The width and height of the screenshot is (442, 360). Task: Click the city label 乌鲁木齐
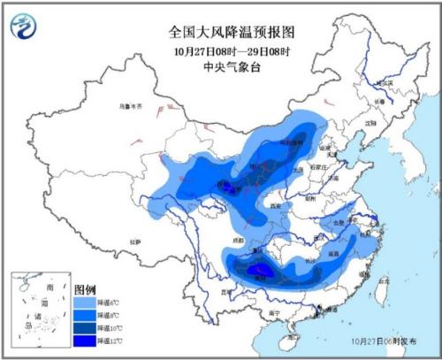(130, 105)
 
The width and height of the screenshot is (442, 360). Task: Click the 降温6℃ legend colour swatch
(84, 302)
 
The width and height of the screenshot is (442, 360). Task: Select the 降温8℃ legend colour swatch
(84, 314)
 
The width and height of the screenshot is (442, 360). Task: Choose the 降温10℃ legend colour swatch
(84, 326)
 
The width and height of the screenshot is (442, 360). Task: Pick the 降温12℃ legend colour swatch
(84, 339)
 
